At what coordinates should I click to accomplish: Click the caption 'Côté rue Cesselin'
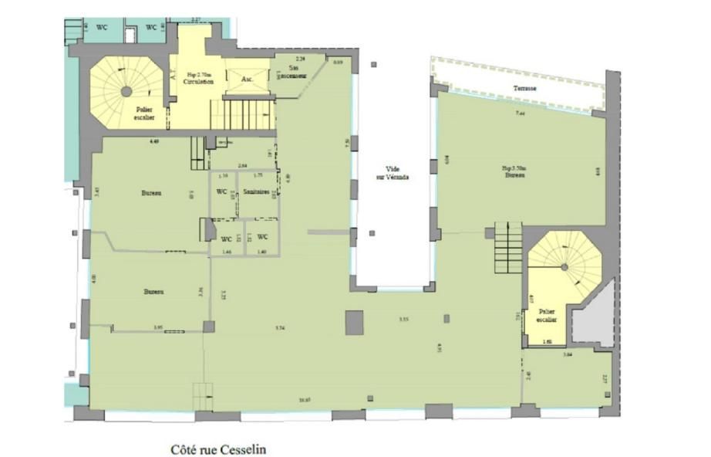point(219,449)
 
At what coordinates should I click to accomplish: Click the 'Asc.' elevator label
point(248,80)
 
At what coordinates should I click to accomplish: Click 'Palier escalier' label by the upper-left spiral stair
point(143,113)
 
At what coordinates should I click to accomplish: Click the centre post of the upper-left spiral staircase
point(126,91)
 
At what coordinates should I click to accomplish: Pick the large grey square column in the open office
point(354,323)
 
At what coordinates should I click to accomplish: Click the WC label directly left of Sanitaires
point(221,192)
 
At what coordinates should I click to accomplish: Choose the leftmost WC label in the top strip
point(101,28)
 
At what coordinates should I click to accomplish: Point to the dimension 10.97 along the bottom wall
point(304,400)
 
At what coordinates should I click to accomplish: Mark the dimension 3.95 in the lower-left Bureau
point(157,327)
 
